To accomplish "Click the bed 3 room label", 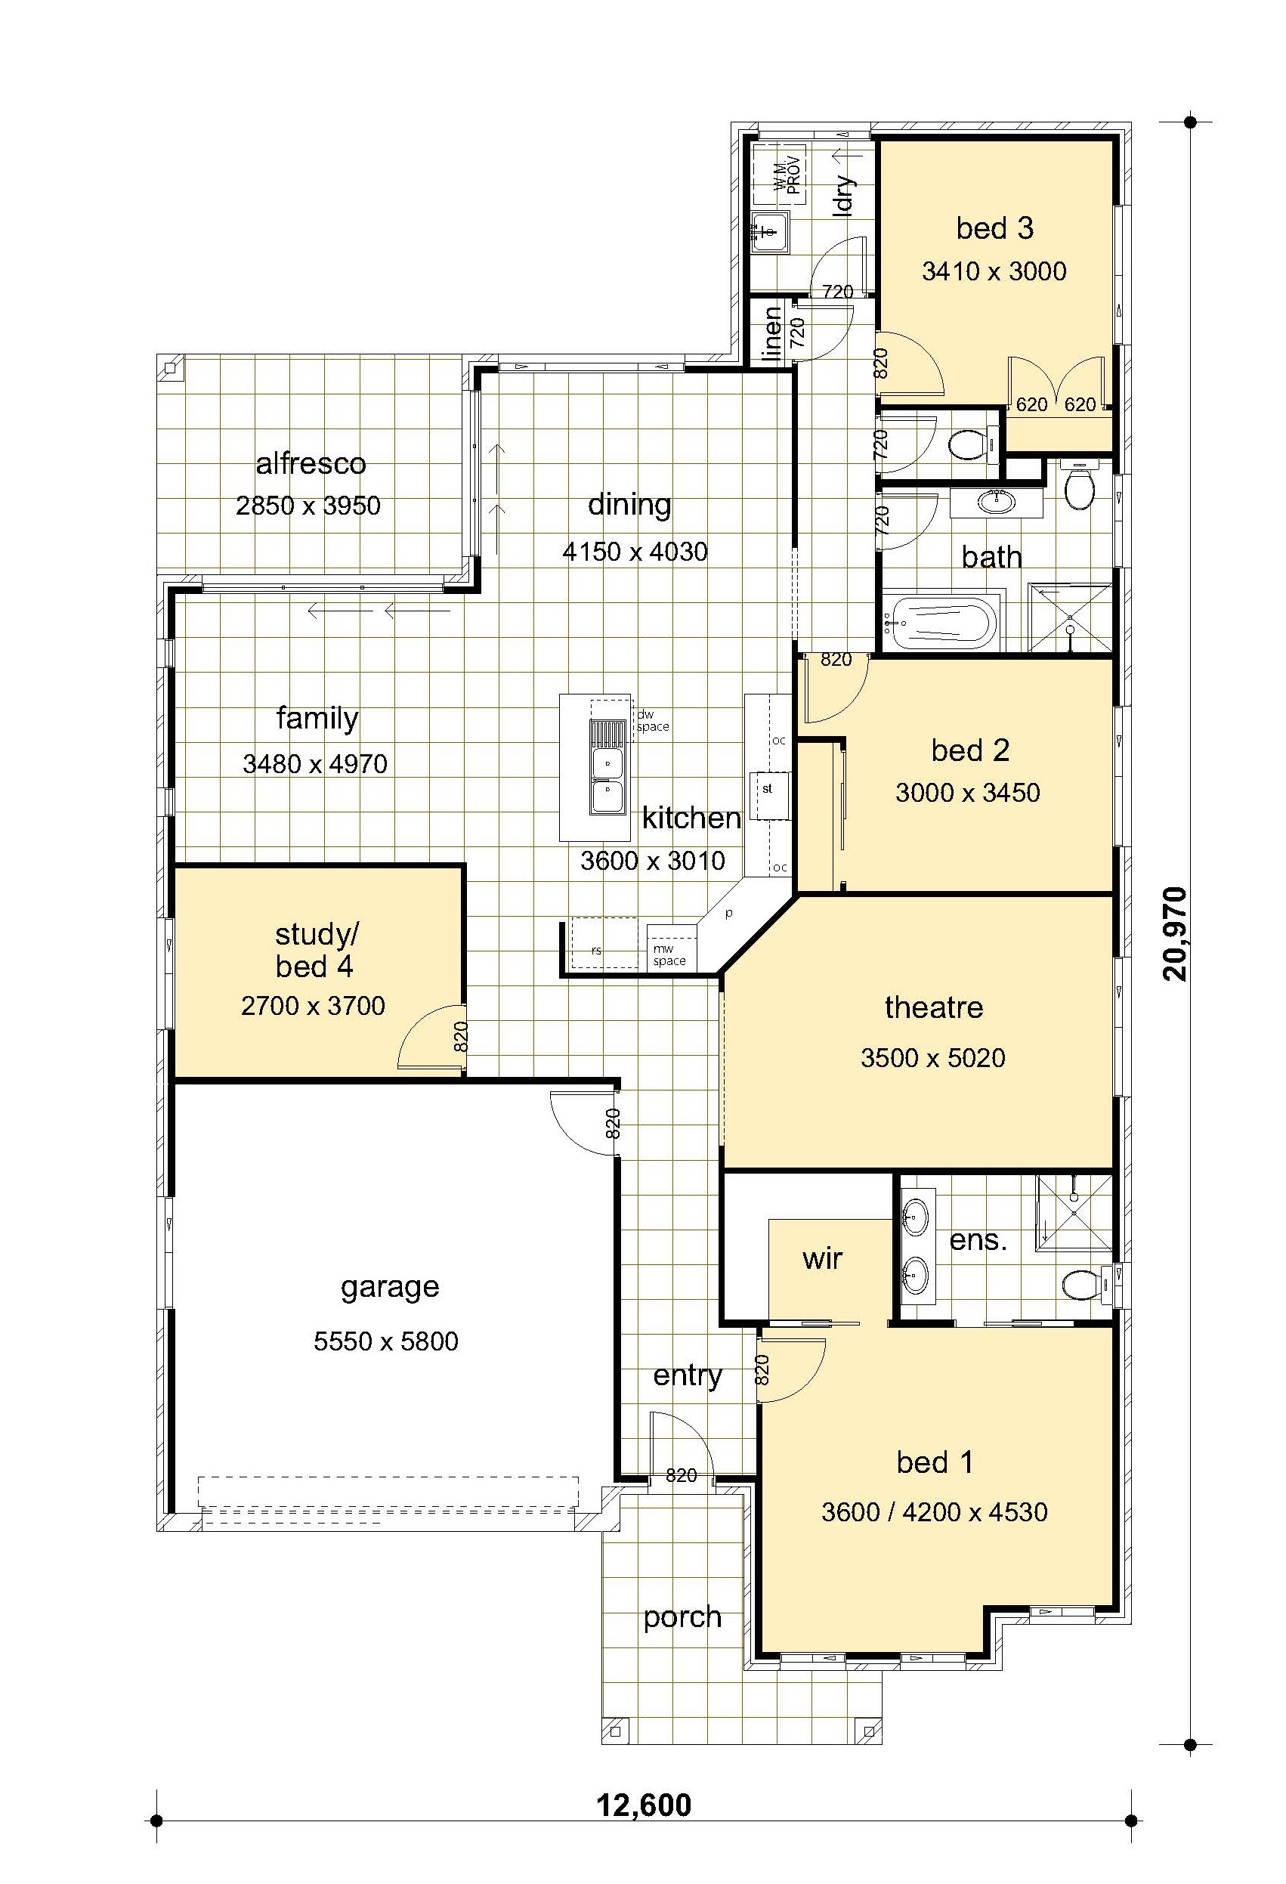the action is (x=994, y=229).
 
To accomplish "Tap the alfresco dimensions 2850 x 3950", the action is (x=308, y=506).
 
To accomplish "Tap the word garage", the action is (x=390, y=1287).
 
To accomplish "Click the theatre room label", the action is (x=933, y=1007).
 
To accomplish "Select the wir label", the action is (x=823, y=1258).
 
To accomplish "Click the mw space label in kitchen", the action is (x=669, y=955).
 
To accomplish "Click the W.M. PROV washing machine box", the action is (x=779, y=176).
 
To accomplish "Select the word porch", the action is (x=682, y=1617).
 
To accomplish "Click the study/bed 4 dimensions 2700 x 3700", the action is (x=313, y=1006).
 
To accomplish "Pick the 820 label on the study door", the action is (x=460, y=1037).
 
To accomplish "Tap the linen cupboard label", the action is (x=772, y=333).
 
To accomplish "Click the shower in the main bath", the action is (x=1070, y=617).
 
